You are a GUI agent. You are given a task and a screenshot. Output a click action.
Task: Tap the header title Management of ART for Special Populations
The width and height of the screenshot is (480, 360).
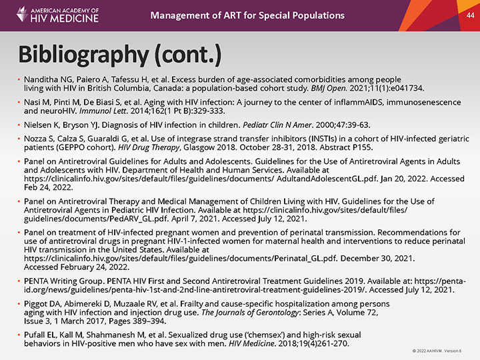[x=247, y=15]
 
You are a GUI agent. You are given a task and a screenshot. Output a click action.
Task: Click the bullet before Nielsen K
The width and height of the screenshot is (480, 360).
[x=19, y=125]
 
